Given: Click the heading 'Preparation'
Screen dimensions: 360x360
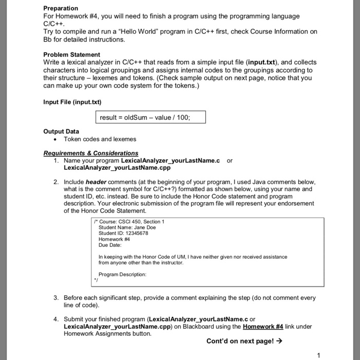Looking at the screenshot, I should point(61,8).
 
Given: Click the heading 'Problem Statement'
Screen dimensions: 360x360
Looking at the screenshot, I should point(71,55).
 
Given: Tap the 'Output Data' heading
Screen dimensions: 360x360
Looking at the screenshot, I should point(61,132).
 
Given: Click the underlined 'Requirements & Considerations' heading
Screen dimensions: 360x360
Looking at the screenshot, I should point(91,153).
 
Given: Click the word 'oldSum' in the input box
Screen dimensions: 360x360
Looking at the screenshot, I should point(136,117).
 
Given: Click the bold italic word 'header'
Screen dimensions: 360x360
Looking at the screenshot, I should point(96,182).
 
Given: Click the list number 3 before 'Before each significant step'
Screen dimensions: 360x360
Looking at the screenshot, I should point(56,298).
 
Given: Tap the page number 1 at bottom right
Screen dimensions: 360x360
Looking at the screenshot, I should point(319,355).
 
